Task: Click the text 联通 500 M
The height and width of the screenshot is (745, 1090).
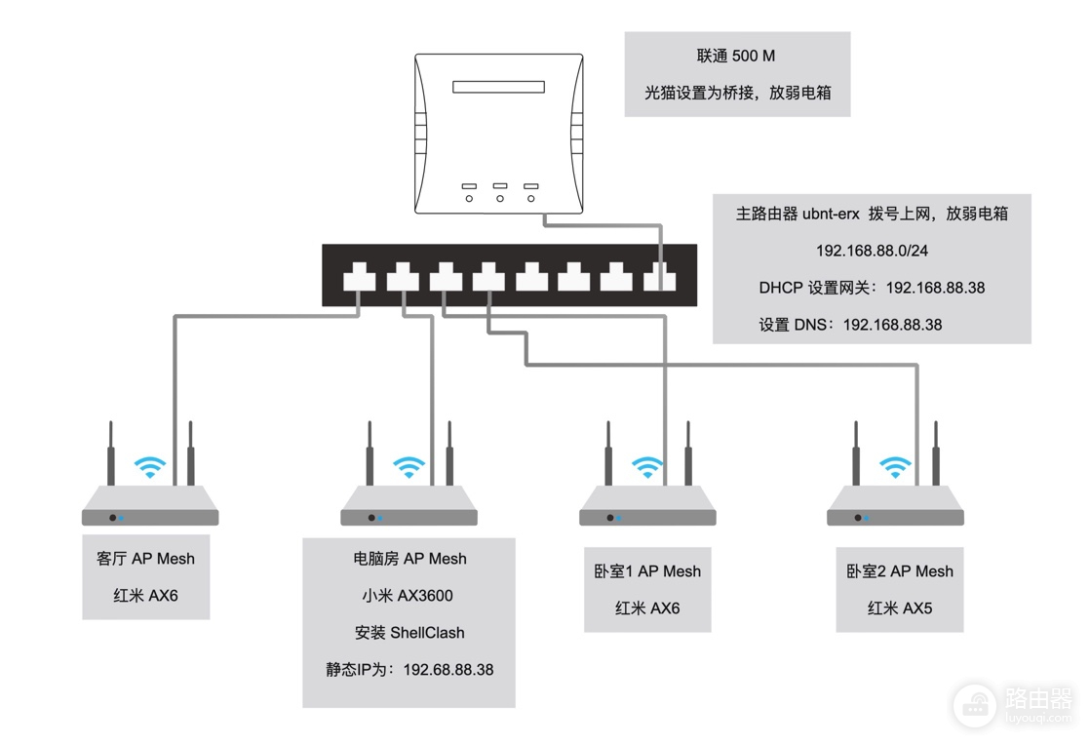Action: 735,56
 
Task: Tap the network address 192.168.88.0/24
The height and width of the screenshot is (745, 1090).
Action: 872,251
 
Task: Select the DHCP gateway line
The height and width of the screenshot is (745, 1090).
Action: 872,288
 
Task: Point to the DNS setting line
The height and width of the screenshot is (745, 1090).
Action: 850,325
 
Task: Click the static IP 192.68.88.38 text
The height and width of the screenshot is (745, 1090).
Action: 409,669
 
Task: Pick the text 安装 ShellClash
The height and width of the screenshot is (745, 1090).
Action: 409,633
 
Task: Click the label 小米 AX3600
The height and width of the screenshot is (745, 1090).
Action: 408,596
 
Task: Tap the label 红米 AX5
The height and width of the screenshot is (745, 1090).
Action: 900,608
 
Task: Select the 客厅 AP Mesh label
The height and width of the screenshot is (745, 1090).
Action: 145,559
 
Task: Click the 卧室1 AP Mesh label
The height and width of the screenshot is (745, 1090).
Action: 647,571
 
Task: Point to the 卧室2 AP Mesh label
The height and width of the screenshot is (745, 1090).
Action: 900,571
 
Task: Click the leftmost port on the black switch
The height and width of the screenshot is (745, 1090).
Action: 360,277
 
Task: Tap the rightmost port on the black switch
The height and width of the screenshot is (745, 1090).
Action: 660,277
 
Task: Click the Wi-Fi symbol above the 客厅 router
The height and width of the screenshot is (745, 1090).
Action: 149,466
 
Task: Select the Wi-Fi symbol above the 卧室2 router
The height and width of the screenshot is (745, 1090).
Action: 895,466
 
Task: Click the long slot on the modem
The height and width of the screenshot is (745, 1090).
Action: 498,87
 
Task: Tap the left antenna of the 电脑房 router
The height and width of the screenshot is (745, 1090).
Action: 370,453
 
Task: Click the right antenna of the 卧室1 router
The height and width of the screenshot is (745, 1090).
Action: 688,453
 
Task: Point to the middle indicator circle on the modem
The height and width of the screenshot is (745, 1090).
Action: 500,199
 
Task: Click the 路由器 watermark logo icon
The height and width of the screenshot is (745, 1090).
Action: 975,706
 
